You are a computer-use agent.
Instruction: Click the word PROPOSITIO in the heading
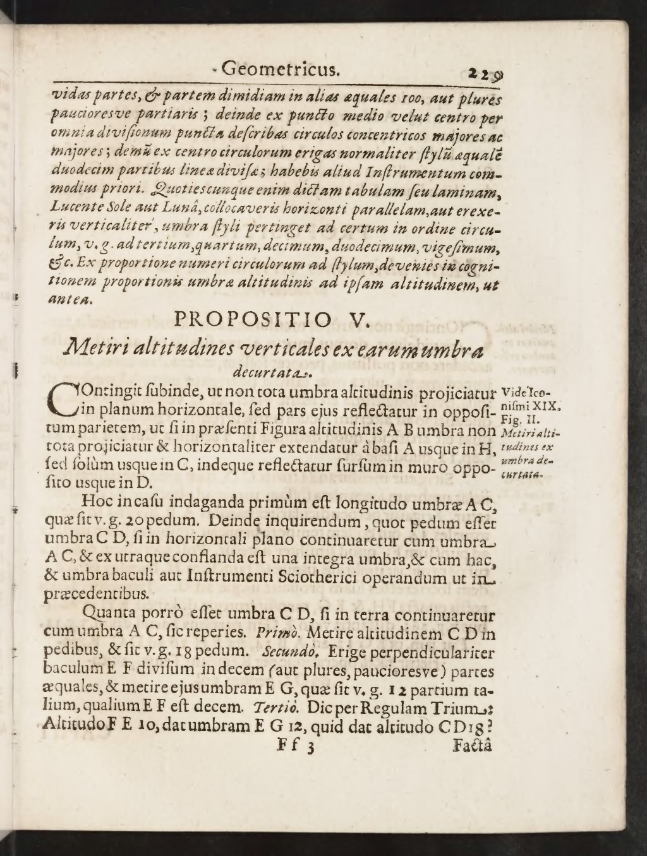click(x=252, y=319)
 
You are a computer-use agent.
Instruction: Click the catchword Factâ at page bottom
click(x=473, y=744)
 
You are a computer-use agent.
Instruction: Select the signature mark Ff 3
click(x=296, y=746)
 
